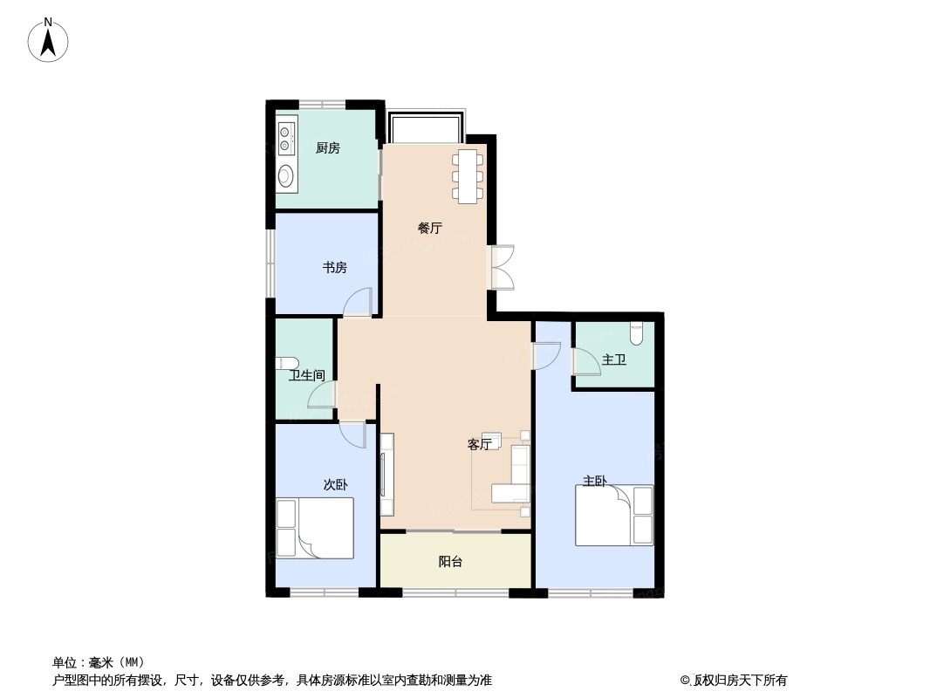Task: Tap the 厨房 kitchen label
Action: point(327,147)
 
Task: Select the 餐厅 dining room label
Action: point(430,228)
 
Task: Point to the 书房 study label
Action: point(334,268)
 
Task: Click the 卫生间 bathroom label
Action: point(306,375)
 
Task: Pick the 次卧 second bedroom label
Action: point(335,484)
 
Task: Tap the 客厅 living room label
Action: point(479,444)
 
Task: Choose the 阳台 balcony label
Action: point(450,561)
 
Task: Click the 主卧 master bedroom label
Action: point(594,481)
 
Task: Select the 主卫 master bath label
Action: point(614,359)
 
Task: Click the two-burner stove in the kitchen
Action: point(285,138)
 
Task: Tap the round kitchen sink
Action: point(286,175)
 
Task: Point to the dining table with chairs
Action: point(468,176)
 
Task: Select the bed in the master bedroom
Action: point(614,516)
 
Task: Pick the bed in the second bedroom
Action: point(315,528)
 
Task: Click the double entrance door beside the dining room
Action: point(501,267)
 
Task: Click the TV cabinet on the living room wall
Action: point(386,474)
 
